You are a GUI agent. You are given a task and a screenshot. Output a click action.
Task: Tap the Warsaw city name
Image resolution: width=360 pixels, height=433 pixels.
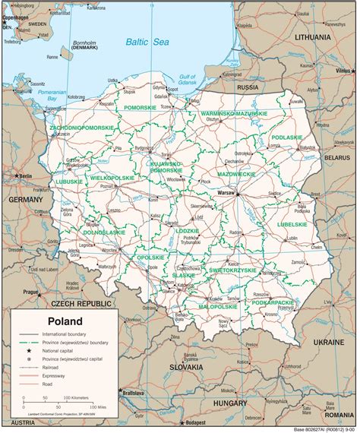227,194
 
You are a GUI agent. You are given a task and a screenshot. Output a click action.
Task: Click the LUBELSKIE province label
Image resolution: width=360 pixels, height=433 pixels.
290,225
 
